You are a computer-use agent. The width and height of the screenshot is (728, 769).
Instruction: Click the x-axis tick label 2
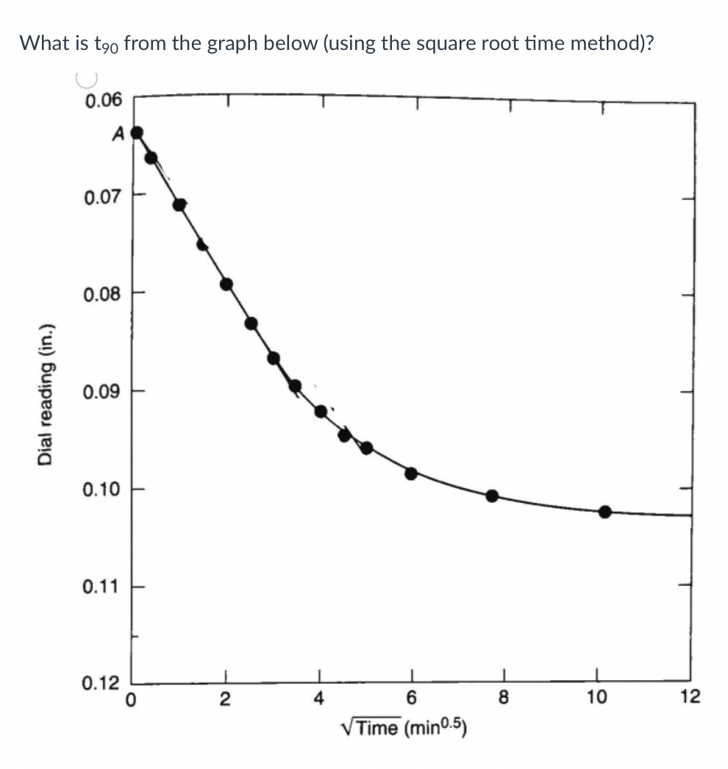click(226, 698)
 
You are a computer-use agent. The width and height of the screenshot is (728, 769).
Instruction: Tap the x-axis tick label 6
click(412, 698)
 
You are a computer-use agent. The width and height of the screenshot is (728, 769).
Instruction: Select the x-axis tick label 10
click(596, 698)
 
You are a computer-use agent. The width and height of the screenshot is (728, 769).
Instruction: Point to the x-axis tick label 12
click(690, 696)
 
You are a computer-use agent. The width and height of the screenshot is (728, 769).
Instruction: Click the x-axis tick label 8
click(504, 698)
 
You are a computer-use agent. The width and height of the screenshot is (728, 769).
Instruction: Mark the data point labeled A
click(136, 133)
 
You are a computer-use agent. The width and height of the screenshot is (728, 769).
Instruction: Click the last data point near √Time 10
click(604, 512)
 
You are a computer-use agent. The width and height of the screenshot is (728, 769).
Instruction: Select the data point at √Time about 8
click(492, 496)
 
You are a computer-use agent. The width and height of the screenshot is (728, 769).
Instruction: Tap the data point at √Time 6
click(411, 473)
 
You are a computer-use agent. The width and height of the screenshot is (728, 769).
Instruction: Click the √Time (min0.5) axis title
click(404, 727)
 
